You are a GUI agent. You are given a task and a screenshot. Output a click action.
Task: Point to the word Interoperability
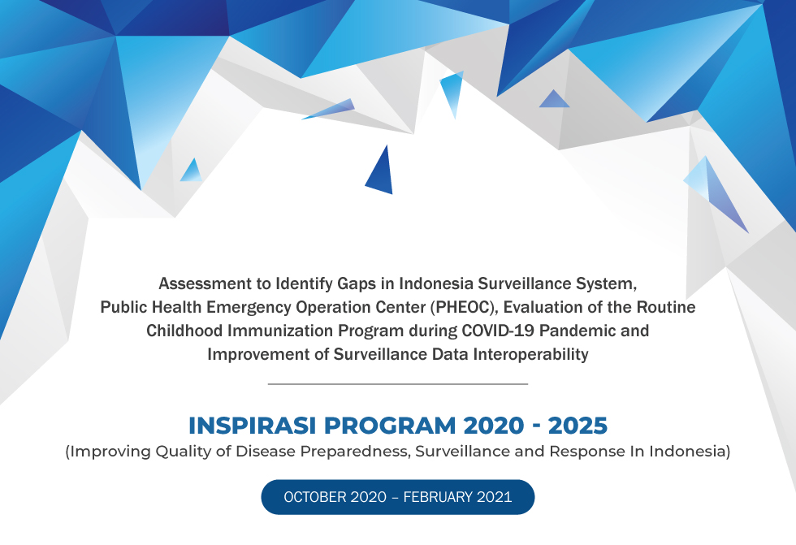pos(531,354)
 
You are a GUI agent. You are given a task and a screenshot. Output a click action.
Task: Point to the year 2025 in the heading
pos(578,426)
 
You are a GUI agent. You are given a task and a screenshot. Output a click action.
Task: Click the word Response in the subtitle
pos(587,451)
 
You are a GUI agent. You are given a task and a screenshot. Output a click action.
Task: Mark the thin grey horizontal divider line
pos(398,384)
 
